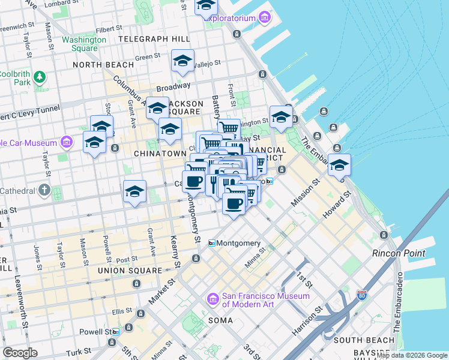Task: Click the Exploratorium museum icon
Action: click(265, 18)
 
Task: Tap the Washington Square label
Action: click(83, 44)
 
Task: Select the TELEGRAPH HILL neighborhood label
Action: click(154, 39)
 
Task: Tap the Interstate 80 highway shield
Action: click(361, 295)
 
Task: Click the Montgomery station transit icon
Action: click(211, 243)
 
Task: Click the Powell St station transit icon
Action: click(116, 331)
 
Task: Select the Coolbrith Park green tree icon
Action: click(40, 77)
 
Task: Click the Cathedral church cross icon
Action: click(44, 190)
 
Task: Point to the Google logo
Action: click(20, 353)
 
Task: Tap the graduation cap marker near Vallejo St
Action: click(182, 61)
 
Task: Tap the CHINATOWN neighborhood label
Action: click(159, 154)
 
